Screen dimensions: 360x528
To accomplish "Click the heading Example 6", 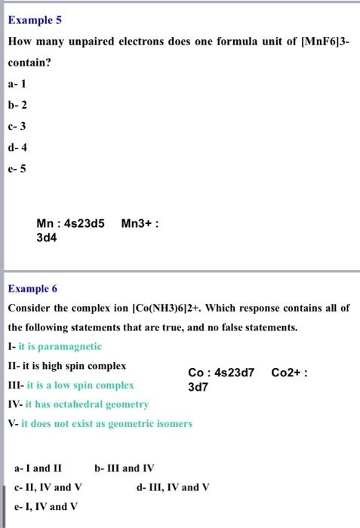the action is click(x=32, y=288).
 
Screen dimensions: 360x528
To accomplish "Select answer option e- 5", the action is click(x=17, y=167).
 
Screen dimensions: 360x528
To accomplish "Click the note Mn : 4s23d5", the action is click(x=71, y=223).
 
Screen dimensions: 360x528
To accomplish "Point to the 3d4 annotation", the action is click(x=47, y=237).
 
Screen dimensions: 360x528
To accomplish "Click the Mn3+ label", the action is click(x=140, y=223).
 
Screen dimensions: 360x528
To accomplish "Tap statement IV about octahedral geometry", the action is click(x=78, y=404).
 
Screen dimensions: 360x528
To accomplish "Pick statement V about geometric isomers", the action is click(x=100, y=424).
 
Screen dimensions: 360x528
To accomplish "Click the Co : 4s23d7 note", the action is click(x=221, y=373).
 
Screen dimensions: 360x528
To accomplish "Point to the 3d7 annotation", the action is click(x=198, y=387).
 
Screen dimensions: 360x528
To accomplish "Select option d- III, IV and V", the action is click(x=174, y=487).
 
